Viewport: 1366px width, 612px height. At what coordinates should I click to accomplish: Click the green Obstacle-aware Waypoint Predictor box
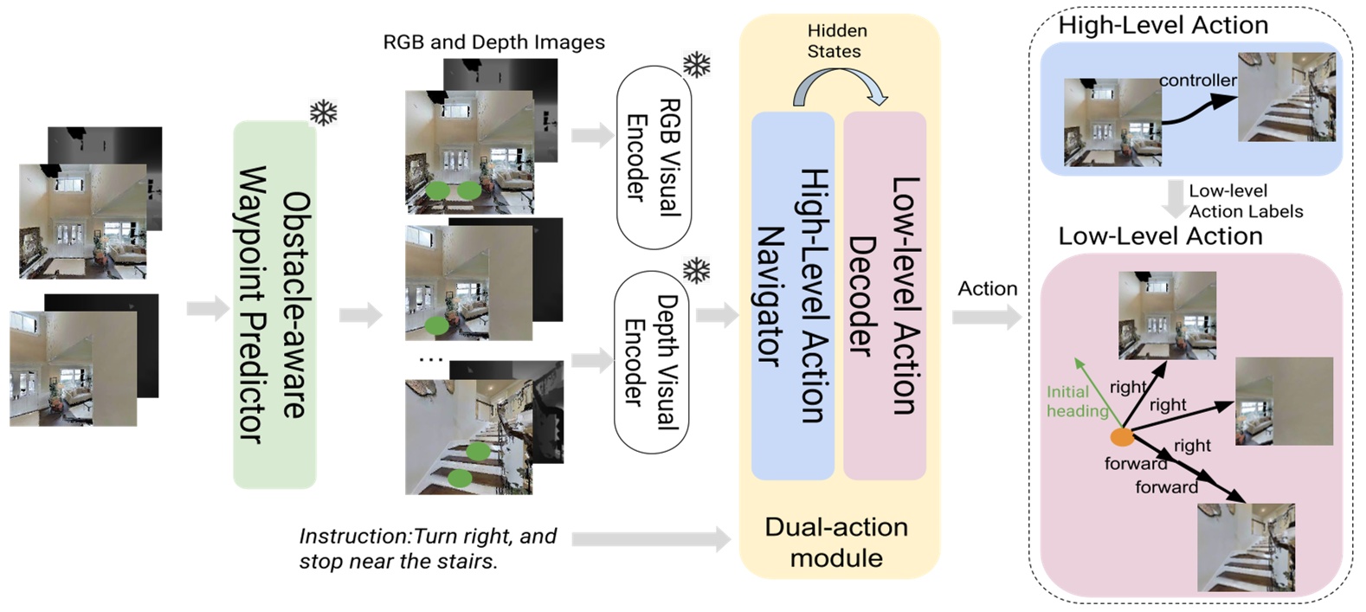coord(274,305)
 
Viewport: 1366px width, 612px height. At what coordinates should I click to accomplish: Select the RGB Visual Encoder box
coord(654,158)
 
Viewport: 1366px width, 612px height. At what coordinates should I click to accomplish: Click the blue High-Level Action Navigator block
coord(792,296)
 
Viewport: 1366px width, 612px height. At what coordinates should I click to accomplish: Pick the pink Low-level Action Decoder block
coord(885,296)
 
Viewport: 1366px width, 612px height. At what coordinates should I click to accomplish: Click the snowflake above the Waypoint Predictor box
coord(323,113)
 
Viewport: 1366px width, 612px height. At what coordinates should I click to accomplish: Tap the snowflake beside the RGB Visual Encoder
coord(697,64)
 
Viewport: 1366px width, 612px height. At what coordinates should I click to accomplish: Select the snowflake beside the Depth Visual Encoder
coord(697,270)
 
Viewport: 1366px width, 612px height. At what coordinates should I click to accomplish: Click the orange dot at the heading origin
coord(1122,437)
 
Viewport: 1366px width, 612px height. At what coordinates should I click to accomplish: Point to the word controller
coord(1197,81)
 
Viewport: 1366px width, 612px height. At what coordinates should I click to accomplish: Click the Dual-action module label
coord(836,542)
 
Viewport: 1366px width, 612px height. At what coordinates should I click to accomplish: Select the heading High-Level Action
coord(1163,25)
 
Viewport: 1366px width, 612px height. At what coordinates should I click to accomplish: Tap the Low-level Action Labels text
coord(1245,201)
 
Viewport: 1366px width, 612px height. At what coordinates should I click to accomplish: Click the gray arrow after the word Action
coord(986,318)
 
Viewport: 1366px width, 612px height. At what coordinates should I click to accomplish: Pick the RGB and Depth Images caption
coord(493,42)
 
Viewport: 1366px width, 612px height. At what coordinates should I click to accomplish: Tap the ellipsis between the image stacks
coord(430,358)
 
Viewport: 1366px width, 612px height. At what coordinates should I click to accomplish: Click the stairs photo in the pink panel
coord(1246,547)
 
